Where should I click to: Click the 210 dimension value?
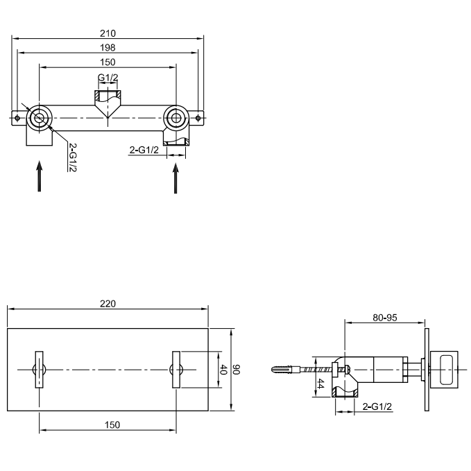coord(108,33)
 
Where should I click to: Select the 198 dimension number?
coord(108,47)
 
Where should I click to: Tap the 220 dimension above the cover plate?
coord(108,304)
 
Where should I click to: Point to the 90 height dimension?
coord(237,370)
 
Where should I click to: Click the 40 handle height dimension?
coord(223,370)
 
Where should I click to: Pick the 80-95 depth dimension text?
coord(385,318)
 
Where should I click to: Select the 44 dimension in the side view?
coord(320,384)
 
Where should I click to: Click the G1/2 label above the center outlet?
coord(108,78)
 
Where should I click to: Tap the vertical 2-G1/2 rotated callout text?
coord(73,157)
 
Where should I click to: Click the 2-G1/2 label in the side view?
coord(377,406)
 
